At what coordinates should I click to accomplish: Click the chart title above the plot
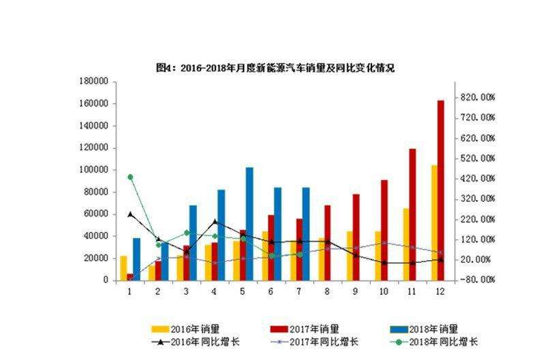pyautogui.click(x=276, y=68)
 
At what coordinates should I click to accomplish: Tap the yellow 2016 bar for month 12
pyautogui.click(x=434, y=222)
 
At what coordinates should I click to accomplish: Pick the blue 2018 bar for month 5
pyautogui.click(x=250, y=223)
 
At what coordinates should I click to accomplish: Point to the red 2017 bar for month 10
pyautogui.click(x=384, y=230)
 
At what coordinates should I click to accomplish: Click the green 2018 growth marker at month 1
pyautogui.click(x=130, y=177)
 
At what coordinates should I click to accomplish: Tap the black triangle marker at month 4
pyautogui.click(x=215, y=221)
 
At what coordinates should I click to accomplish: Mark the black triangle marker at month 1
pyautogui.click(x=130, y=214)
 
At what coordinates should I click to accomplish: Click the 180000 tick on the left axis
pyautogui.click(x=94, y=81)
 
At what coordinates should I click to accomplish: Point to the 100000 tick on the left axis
pyautogui.click(x=94, y=170)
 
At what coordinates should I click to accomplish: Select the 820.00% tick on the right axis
pyautogui.click(x=477, y=97)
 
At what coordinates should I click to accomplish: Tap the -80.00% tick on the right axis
pyautogui.click(x=477, y=280)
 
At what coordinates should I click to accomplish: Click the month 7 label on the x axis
pyautogui.click(x=300, y=290)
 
